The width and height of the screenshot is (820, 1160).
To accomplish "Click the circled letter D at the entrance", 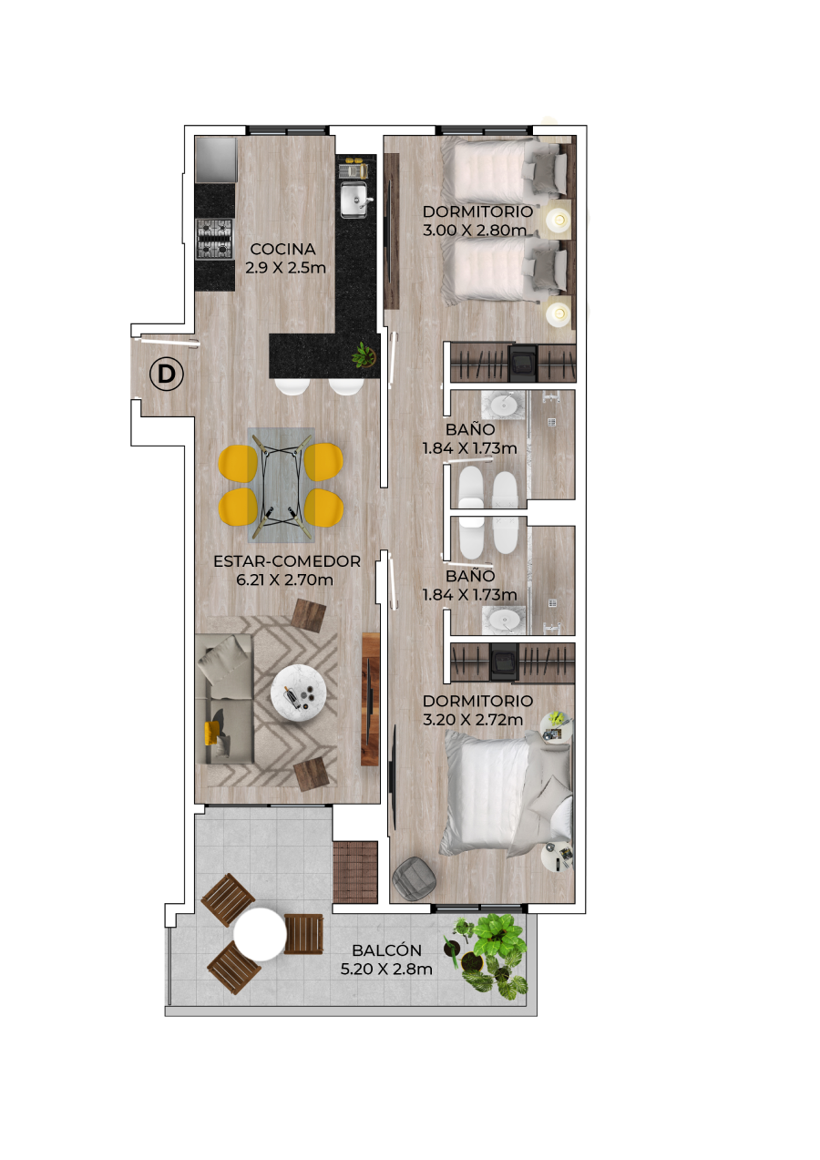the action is click(166, 374).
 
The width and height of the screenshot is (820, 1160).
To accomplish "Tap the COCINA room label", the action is click(282, 249).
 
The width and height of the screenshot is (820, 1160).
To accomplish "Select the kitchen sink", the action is click(354, 200).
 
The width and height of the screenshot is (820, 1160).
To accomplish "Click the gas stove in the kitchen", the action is click(214, 239).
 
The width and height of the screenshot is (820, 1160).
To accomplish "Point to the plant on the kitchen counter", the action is click(364, 355).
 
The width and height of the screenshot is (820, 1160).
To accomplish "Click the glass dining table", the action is click(282, 485).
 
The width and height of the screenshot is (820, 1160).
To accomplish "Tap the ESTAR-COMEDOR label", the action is click(287, 561).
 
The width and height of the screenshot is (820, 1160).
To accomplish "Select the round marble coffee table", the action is click(299, 693).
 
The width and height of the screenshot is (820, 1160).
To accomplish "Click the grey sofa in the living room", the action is click(224, 699).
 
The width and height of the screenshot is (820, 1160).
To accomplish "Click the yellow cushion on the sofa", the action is click(211, 733).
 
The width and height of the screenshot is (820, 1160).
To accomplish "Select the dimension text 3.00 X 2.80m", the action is click(475, 230).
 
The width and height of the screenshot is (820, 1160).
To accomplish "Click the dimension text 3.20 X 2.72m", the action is click(473, 719).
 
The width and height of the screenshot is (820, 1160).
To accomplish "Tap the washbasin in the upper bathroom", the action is click(503, 405).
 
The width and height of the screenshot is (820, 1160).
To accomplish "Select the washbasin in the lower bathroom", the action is click(503, 621).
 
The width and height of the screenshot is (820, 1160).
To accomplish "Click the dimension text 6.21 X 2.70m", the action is click(284, 580).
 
